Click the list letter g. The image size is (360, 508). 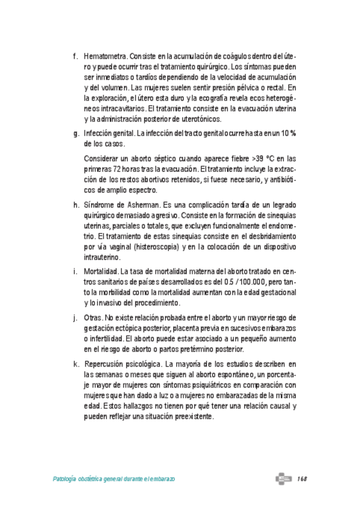coord(75,134)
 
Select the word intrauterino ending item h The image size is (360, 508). coord(103,258)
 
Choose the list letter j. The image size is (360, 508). coord(75,317)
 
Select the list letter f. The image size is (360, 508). coord(75,56)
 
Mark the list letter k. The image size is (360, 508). coord(75,364)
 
